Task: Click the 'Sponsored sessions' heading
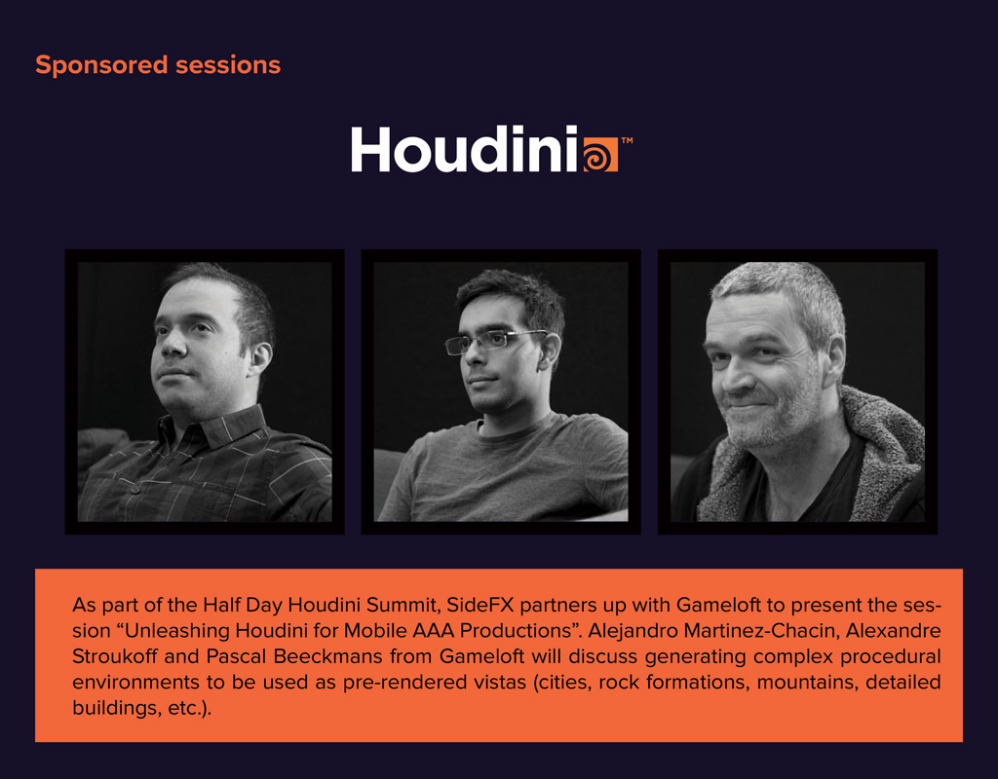pos(158,66)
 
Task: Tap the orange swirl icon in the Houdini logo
pos(600,155)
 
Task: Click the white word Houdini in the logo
pos(464,149)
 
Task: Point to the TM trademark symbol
pos(627,140)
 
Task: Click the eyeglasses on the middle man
pos(493,342)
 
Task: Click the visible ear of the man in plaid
pos(259,358)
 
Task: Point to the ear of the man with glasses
pos(549,352)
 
